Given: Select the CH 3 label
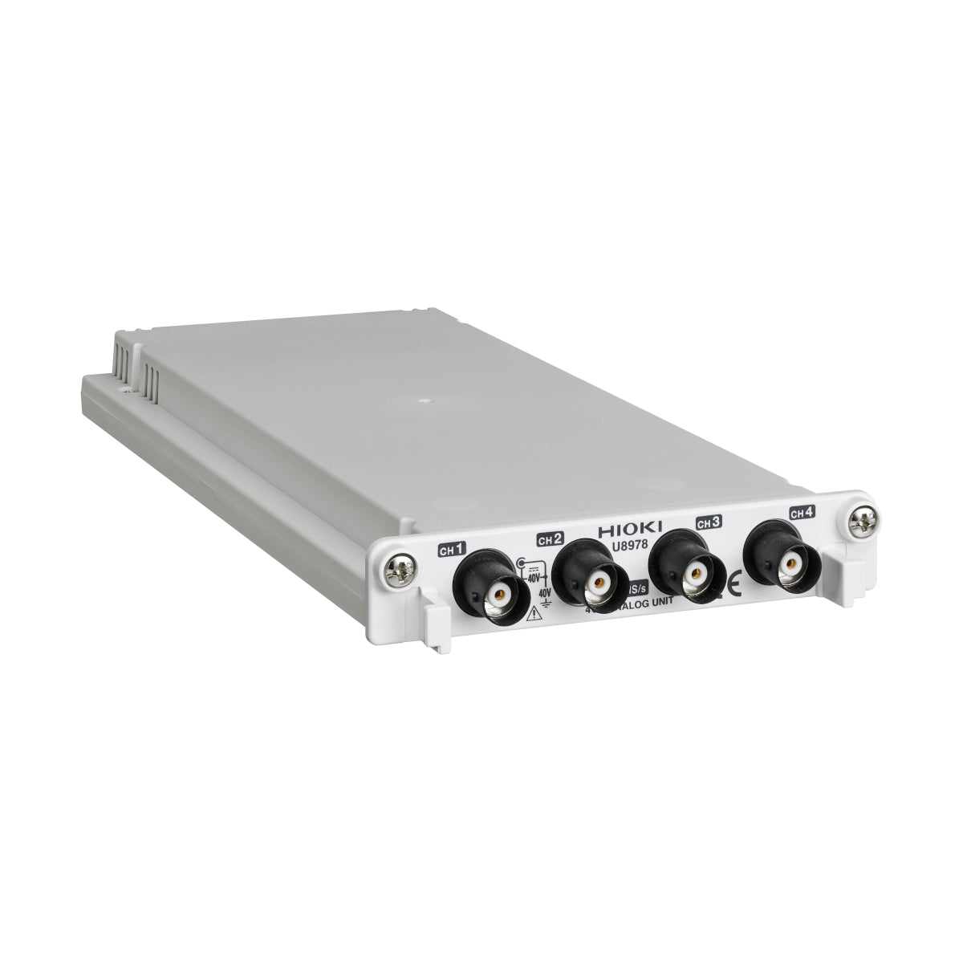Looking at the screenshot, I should pyautogui.click(x=708, y=522).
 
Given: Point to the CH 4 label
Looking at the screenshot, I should pyautogui.click(x=802, y=511).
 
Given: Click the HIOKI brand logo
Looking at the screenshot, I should pyautogui.click(x=630, y=530).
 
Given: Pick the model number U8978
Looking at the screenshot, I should pyautogui.click(x=631, y=546).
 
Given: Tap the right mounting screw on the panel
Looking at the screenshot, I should pyautogui.click(x=862, y=521).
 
